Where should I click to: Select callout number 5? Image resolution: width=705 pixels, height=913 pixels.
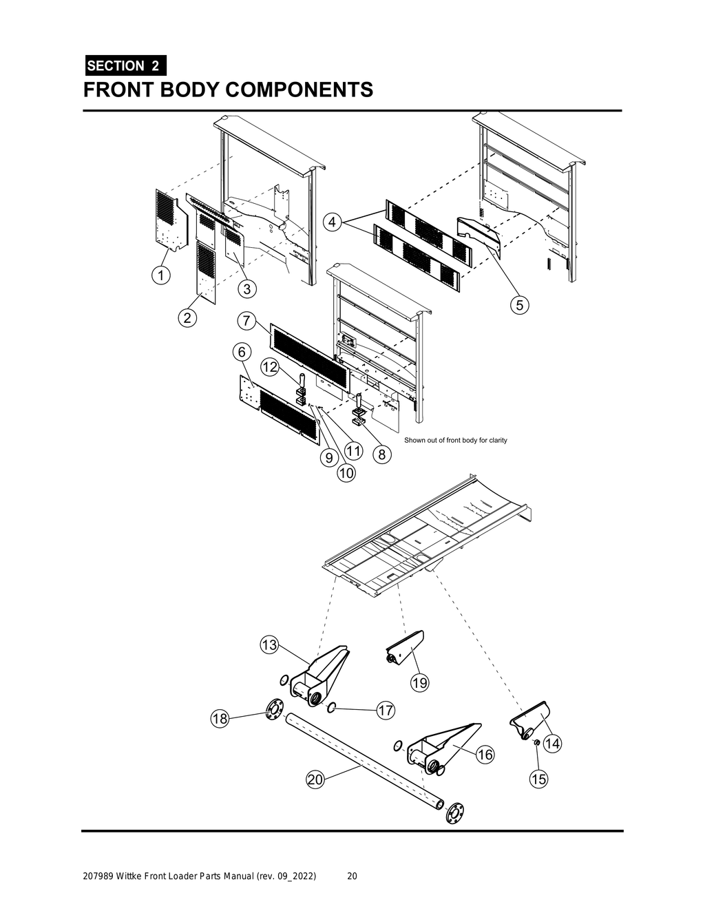click(520, 304)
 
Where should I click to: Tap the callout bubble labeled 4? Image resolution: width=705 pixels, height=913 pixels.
click(333, 222)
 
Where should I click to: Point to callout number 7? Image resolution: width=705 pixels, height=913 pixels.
click(246, 321)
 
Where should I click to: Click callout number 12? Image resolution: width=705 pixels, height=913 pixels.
click(269, 368)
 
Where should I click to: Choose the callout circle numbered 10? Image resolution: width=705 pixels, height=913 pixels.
click(346, 473)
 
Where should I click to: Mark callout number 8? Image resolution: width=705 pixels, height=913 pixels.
click(381, 454)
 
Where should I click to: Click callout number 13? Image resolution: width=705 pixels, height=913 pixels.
click(269, 645)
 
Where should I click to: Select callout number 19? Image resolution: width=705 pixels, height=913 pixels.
click(419, 683)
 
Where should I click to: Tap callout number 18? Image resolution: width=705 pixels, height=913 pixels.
click(219, 720)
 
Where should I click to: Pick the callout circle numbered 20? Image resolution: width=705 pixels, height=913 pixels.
click(315, 779)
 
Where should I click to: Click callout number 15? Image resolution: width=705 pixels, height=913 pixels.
click(538, 779)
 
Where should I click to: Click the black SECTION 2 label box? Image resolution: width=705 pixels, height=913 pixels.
click(125, 66)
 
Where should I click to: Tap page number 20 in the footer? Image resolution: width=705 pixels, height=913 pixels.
click(352, 877)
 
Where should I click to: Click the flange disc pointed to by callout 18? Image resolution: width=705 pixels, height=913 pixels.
click(274, 709)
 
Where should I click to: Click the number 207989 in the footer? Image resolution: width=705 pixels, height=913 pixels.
click(96, 877)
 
